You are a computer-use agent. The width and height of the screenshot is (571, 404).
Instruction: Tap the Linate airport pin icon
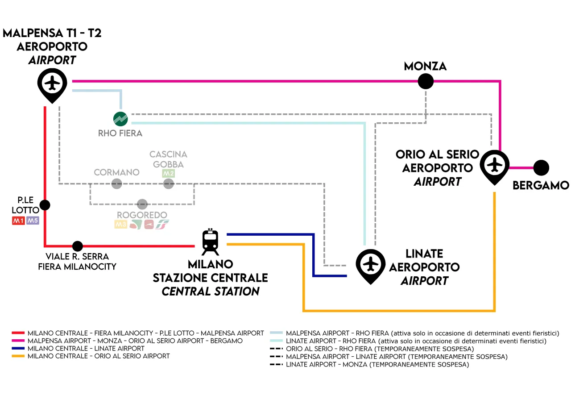click(370, 266)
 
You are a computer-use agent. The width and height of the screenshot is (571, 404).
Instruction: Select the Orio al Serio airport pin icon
click(494, 167)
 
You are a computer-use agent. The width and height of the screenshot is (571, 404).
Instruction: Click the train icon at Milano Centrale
click(210, 242)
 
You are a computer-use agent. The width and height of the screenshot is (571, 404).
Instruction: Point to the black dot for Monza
click(426, 81)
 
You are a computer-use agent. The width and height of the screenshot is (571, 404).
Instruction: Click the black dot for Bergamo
click(541, 168)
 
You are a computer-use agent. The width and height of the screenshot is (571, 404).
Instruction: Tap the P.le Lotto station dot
click(45, 205)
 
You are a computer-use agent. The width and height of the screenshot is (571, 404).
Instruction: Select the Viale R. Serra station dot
click(78, 246)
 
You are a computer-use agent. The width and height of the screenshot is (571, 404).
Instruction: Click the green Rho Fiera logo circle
click(121, 119)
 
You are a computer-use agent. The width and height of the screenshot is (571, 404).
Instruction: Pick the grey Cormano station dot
click(116, 183)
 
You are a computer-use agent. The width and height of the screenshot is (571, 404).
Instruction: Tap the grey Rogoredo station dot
click(142, 204)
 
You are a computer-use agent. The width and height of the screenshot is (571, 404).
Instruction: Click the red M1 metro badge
click(18, 221)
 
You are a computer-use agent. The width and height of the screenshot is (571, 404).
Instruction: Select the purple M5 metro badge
click(33, 221)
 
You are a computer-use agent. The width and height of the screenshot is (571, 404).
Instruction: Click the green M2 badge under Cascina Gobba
click(168, 173)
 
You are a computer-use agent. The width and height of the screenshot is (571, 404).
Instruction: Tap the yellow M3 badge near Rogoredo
click(121, 224)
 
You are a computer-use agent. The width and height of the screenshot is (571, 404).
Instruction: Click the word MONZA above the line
click(425, 67)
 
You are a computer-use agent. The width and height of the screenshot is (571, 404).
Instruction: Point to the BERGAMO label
click(541, 185)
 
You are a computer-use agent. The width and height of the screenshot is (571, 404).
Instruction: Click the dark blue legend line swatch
click(18, 348)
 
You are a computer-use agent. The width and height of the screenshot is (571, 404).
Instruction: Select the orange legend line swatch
click(18, 356)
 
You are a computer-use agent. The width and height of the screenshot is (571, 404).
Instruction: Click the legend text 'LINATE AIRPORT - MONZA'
click(377, 365)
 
